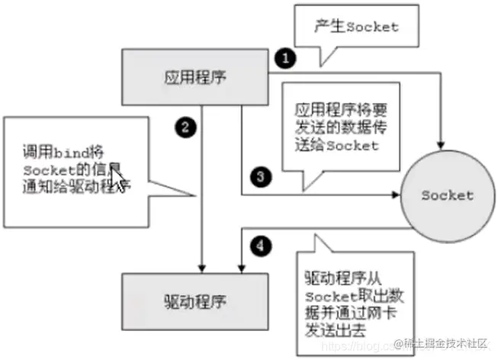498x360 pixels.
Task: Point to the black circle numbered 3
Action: [261, 175]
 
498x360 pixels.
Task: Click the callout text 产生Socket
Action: [356, 27]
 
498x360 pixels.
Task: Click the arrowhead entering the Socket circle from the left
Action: [396, 195]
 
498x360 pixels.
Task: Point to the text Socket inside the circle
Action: [447, 195]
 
